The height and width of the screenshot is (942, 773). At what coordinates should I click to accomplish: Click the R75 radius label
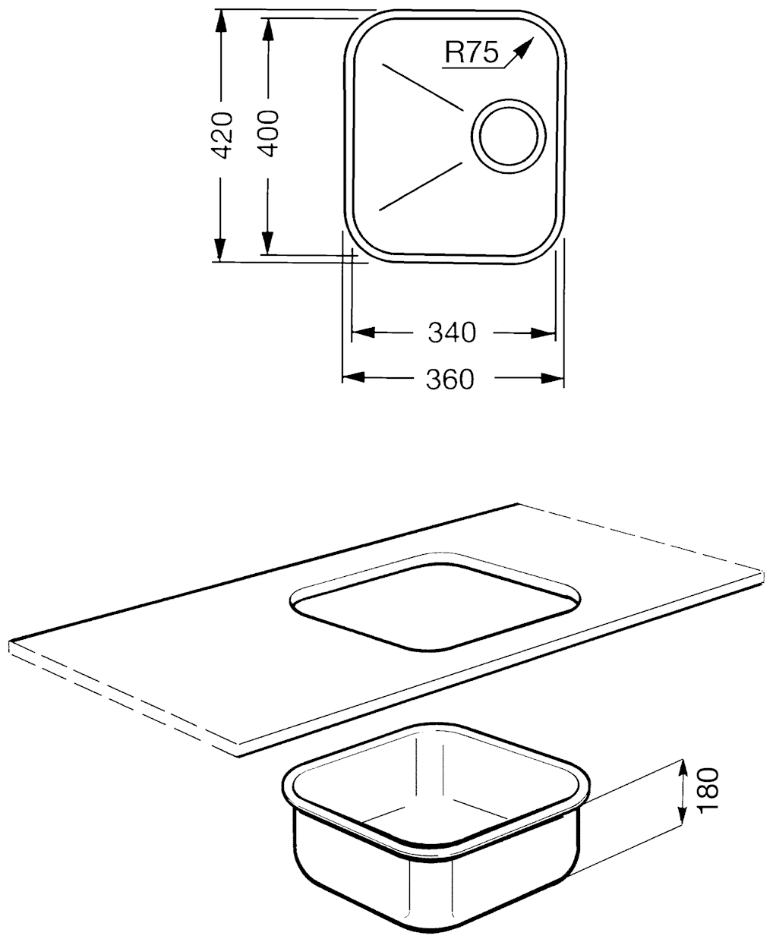(472, 52)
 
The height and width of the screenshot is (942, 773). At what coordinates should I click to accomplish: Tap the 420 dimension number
(222, 135)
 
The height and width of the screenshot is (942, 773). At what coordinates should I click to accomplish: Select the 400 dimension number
(268, 133)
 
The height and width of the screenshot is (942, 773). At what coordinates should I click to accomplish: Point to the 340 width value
(453, 332)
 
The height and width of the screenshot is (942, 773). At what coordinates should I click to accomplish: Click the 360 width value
(450, 379)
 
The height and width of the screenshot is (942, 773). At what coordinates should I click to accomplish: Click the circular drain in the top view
(509, 136)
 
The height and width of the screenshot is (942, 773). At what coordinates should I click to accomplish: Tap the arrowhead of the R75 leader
(526, 46)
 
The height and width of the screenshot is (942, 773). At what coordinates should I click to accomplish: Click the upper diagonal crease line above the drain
(423, 87)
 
